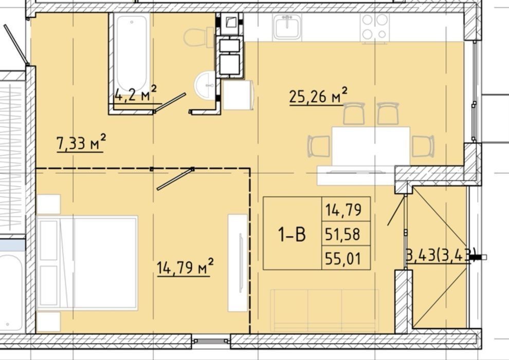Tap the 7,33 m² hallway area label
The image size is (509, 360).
pyautogui.click(x=81, y=143)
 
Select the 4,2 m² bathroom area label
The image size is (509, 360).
pyautogui.click(x=136, y=94)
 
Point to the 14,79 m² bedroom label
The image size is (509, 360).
pyautogui.click(x=185, y=267)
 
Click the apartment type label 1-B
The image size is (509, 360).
pyautogui.click(x=292, y=234)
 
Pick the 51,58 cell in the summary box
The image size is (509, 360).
pyautogui.click(x=343, y=233)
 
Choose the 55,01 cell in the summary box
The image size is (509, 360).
pyautogui.click(x=343, y=259)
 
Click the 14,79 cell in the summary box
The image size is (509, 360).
pyautogui.click(x=343, y=210)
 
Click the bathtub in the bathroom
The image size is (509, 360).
pyautogui.click(x=132, y=52)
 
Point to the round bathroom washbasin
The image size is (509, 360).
pyautogui.click(x=205, y=85)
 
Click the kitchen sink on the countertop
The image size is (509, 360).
pyautogui.click(x=287, y=27)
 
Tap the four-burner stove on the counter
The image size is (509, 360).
pyautogui.click(x=375, y=27)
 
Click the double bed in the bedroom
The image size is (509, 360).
pyautogui.click(x=87, y=263)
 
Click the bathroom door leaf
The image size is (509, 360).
pyautogui.click(x=170, y=103)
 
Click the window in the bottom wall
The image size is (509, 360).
pyautogui.click(x=211, y=341)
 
